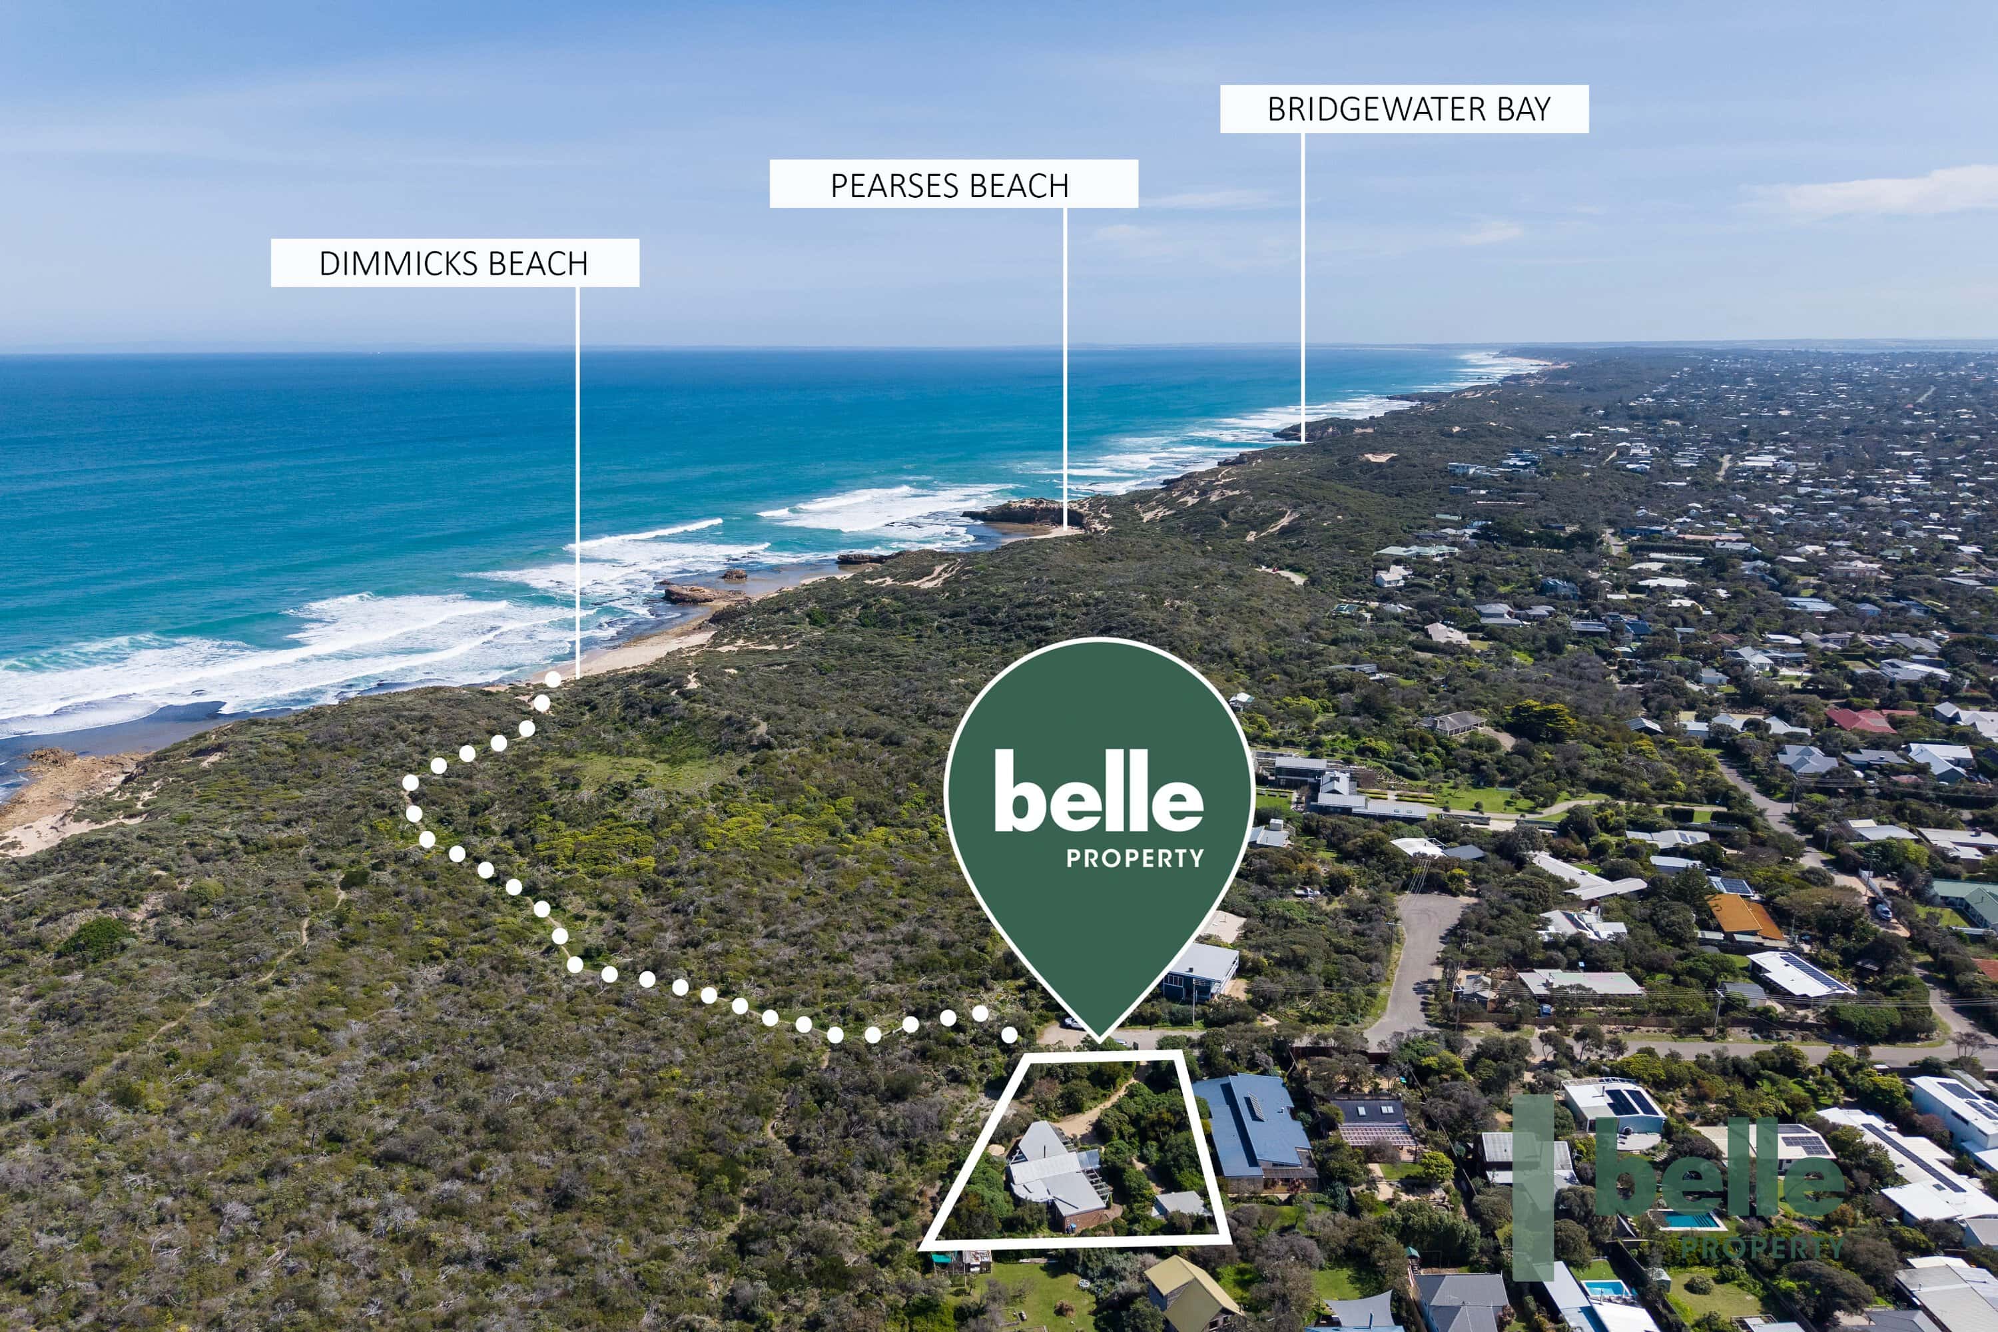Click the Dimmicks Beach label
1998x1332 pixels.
(454, 262)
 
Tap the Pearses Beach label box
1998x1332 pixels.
(953, 184)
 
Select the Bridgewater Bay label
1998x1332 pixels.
(1404, 109)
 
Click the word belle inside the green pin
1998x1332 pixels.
(1098, 791)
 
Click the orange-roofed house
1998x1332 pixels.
(1745, 916)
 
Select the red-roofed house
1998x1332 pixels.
(1859, 721)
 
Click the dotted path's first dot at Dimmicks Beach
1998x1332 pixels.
(553, 679)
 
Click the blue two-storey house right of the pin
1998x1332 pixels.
(1200, 970)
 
